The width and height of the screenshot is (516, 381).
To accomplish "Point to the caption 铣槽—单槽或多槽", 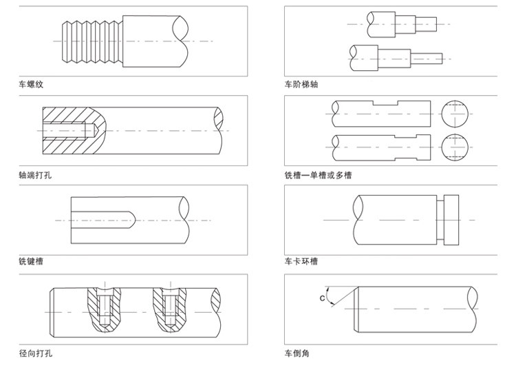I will pyautogui.click(x=318, y=175).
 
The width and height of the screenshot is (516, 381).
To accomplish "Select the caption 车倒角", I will pyautogui.click(x=297, y=353).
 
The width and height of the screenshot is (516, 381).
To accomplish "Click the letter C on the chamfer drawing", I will pyautogui.click(x=322, y=298).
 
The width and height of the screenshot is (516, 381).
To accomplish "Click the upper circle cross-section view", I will pyautogui.click(x=455, y=114).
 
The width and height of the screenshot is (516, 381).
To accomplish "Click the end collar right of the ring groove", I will pyautogui.click(x=451, y=220).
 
